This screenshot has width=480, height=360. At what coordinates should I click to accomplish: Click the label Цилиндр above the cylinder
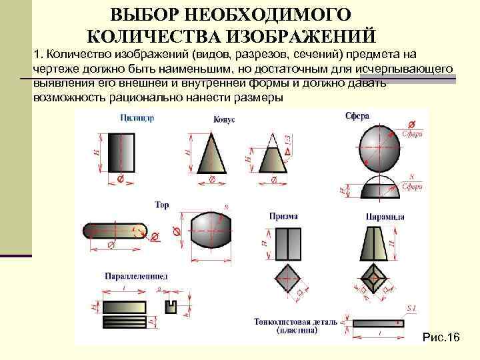coord(138,119)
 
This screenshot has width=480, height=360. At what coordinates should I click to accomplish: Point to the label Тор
coord(162,205)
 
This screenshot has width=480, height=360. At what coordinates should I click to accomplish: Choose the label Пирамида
coord(385,217)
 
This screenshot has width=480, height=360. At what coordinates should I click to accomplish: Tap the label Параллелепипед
coord(136,275)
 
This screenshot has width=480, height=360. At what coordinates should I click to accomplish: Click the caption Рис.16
coord(441,339)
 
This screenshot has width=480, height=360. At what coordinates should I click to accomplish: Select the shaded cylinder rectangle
coord(121,151)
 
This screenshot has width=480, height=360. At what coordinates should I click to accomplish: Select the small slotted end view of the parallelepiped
coord(171,306)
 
